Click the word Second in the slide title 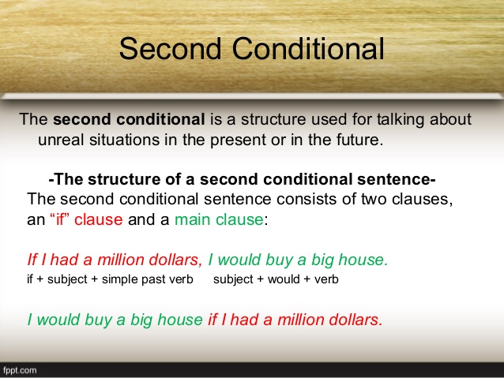tap(171, 48)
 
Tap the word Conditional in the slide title tap(308, 48)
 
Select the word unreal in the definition tap(61, 140)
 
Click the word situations tap(124, 140)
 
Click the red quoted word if tap(60, 219)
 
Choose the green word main tap(193, 219)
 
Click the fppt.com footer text tap(20, 370)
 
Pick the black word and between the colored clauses tap(140, 219)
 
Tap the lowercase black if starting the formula tap(29, 279)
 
